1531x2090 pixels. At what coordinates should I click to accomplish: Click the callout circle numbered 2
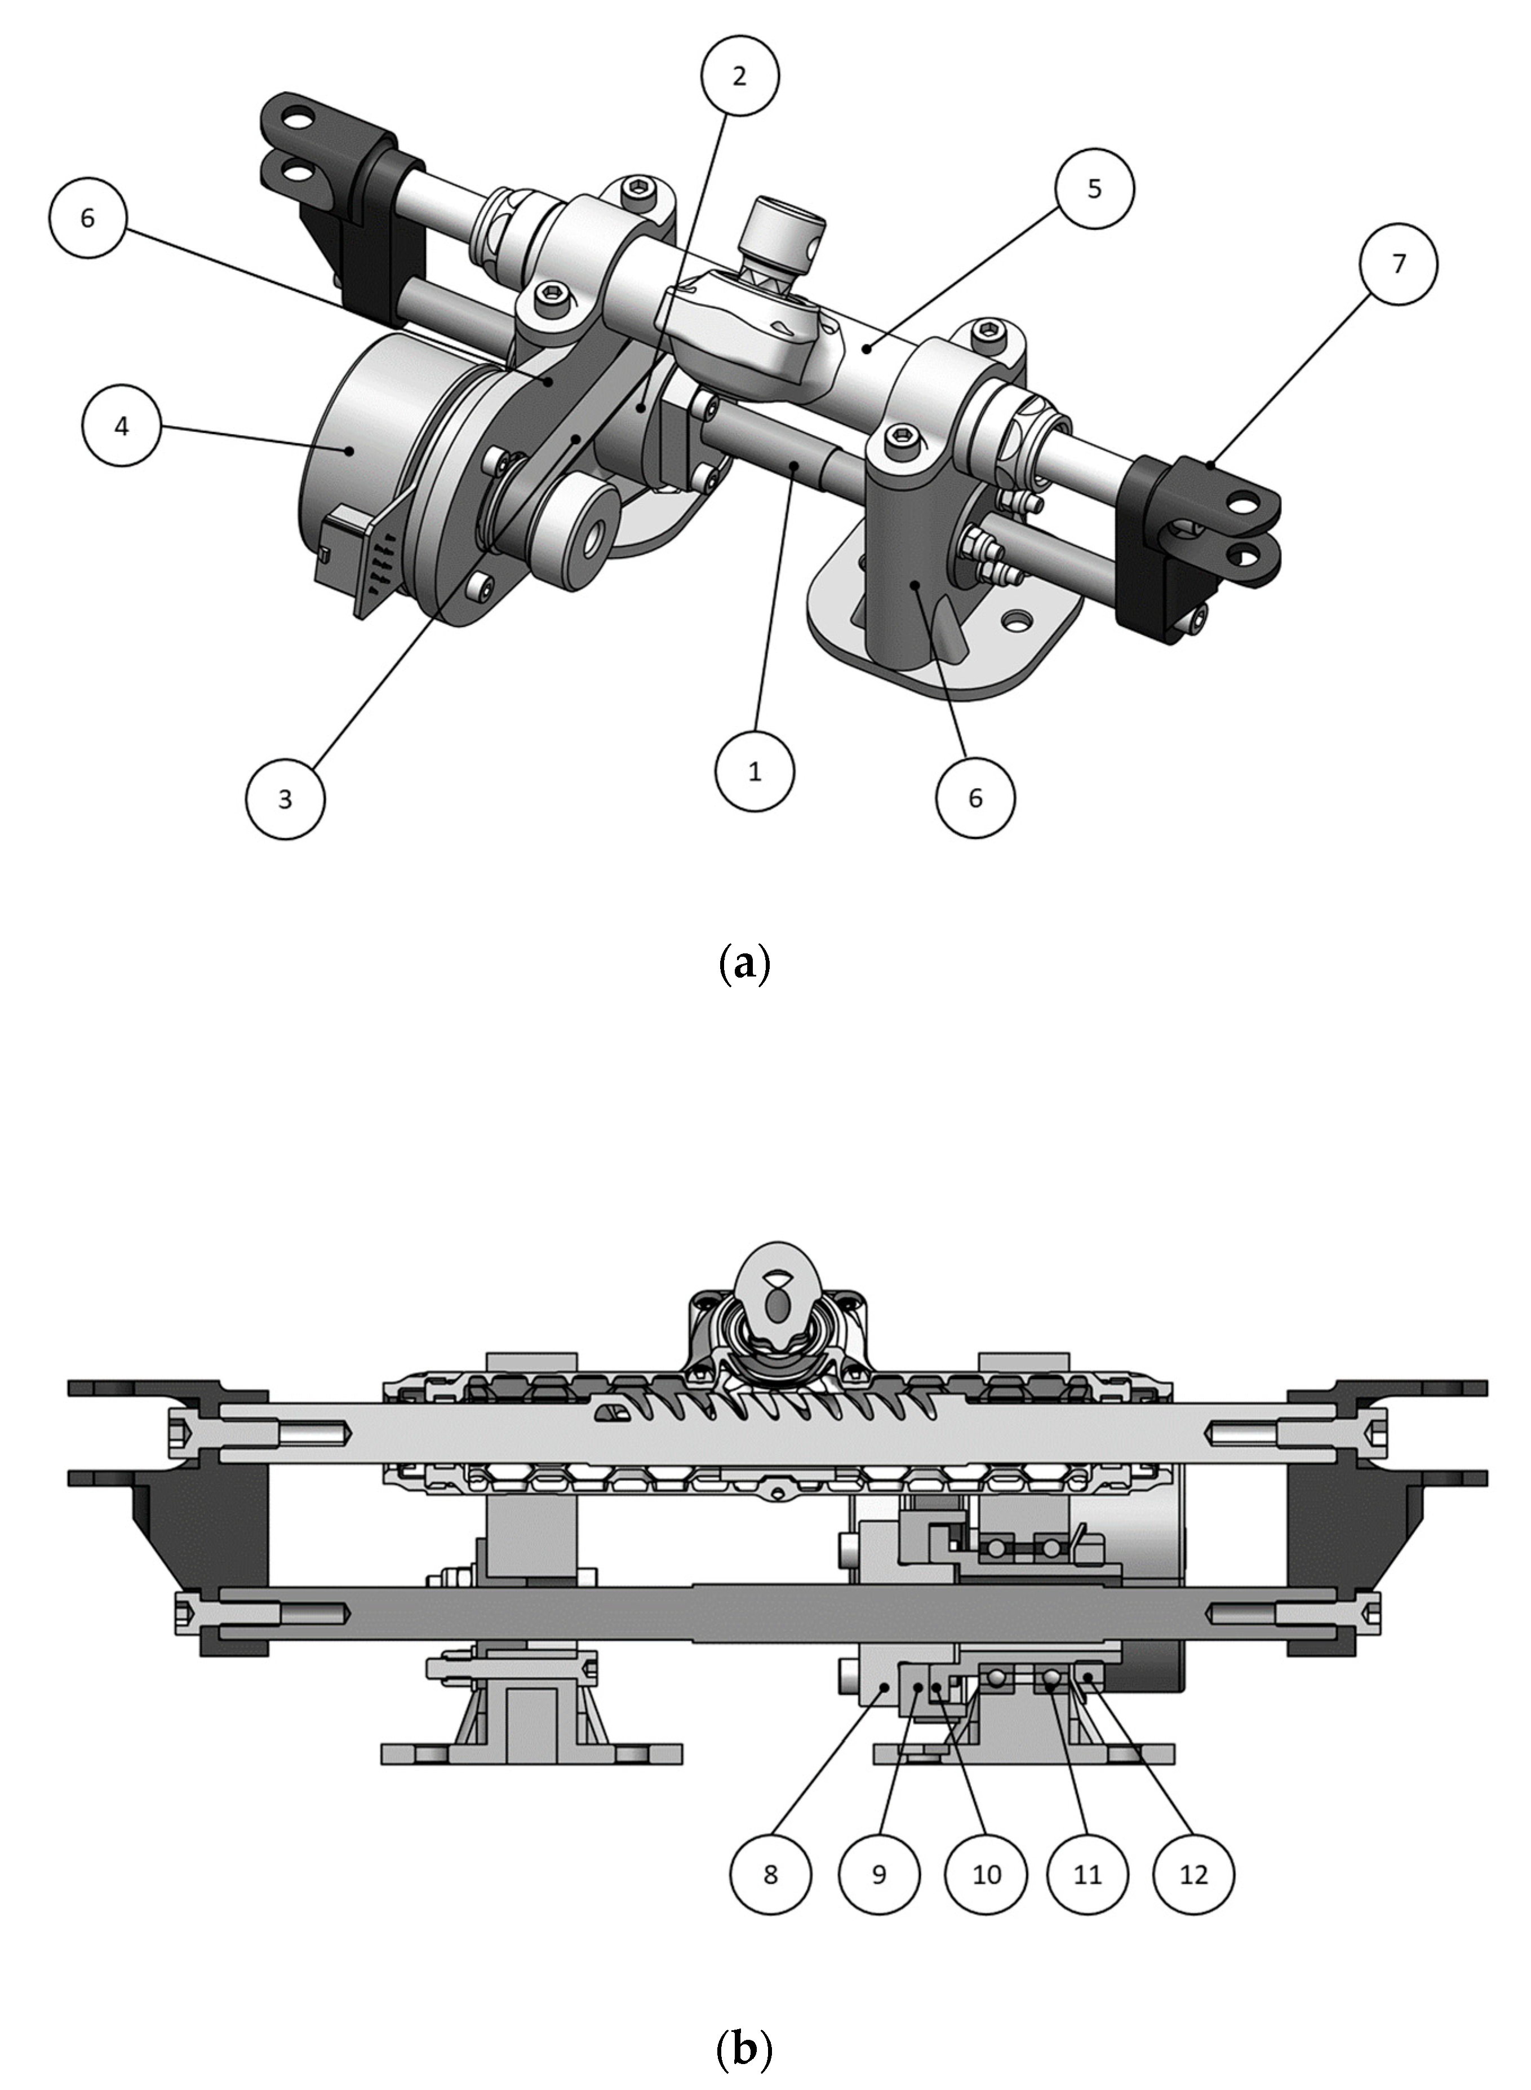[x=739, y=76]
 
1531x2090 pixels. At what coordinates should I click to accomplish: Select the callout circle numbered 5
[x=1094, y=187]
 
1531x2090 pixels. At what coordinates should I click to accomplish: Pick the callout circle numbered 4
[x=121, y=427]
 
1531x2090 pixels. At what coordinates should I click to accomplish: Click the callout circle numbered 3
[x=286, y=798]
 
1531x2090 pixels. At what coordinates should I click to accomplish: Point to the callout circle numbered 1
[x=755, y=771]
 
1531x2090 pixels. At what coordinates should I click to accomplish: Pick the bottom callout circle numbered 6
[x=975, y=798]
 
